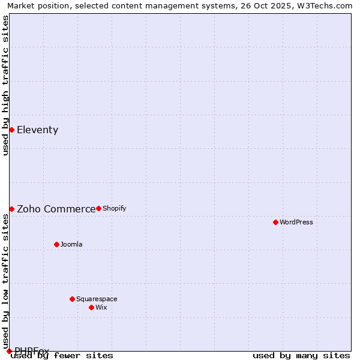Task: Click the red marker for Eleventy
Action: tap(11, 130)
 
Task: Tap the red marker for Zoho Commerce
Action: tap(11, 209)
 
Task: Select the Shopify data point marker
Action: tap(98, 208)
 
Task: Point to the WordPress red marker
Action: tap(275, 222)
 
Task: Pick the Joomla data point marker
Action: tap(56, 244)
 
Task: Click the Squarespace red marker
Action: tap(72, 299)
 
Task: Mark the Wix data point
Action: tap(91, 307)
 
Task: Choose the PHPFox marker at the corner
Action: tap(9, 351)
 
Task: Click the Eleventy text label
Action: tap(37, 130)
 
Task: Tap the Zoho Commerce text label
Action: tap(56, 209)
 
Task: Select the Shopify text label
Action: tap(114, 209)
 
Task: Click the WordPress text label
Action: tap(296, 223)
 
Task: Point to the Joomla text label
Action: tap(71, 245)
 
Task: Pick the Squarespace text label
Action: tap(97, 299)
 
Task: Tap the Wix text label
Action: tap(101, 308)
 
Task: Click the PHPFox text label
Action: tap(32, 351)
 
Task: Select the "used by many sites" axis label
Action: tap(301, 356)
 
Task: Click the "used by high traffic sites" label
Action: tap(6, 85)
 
